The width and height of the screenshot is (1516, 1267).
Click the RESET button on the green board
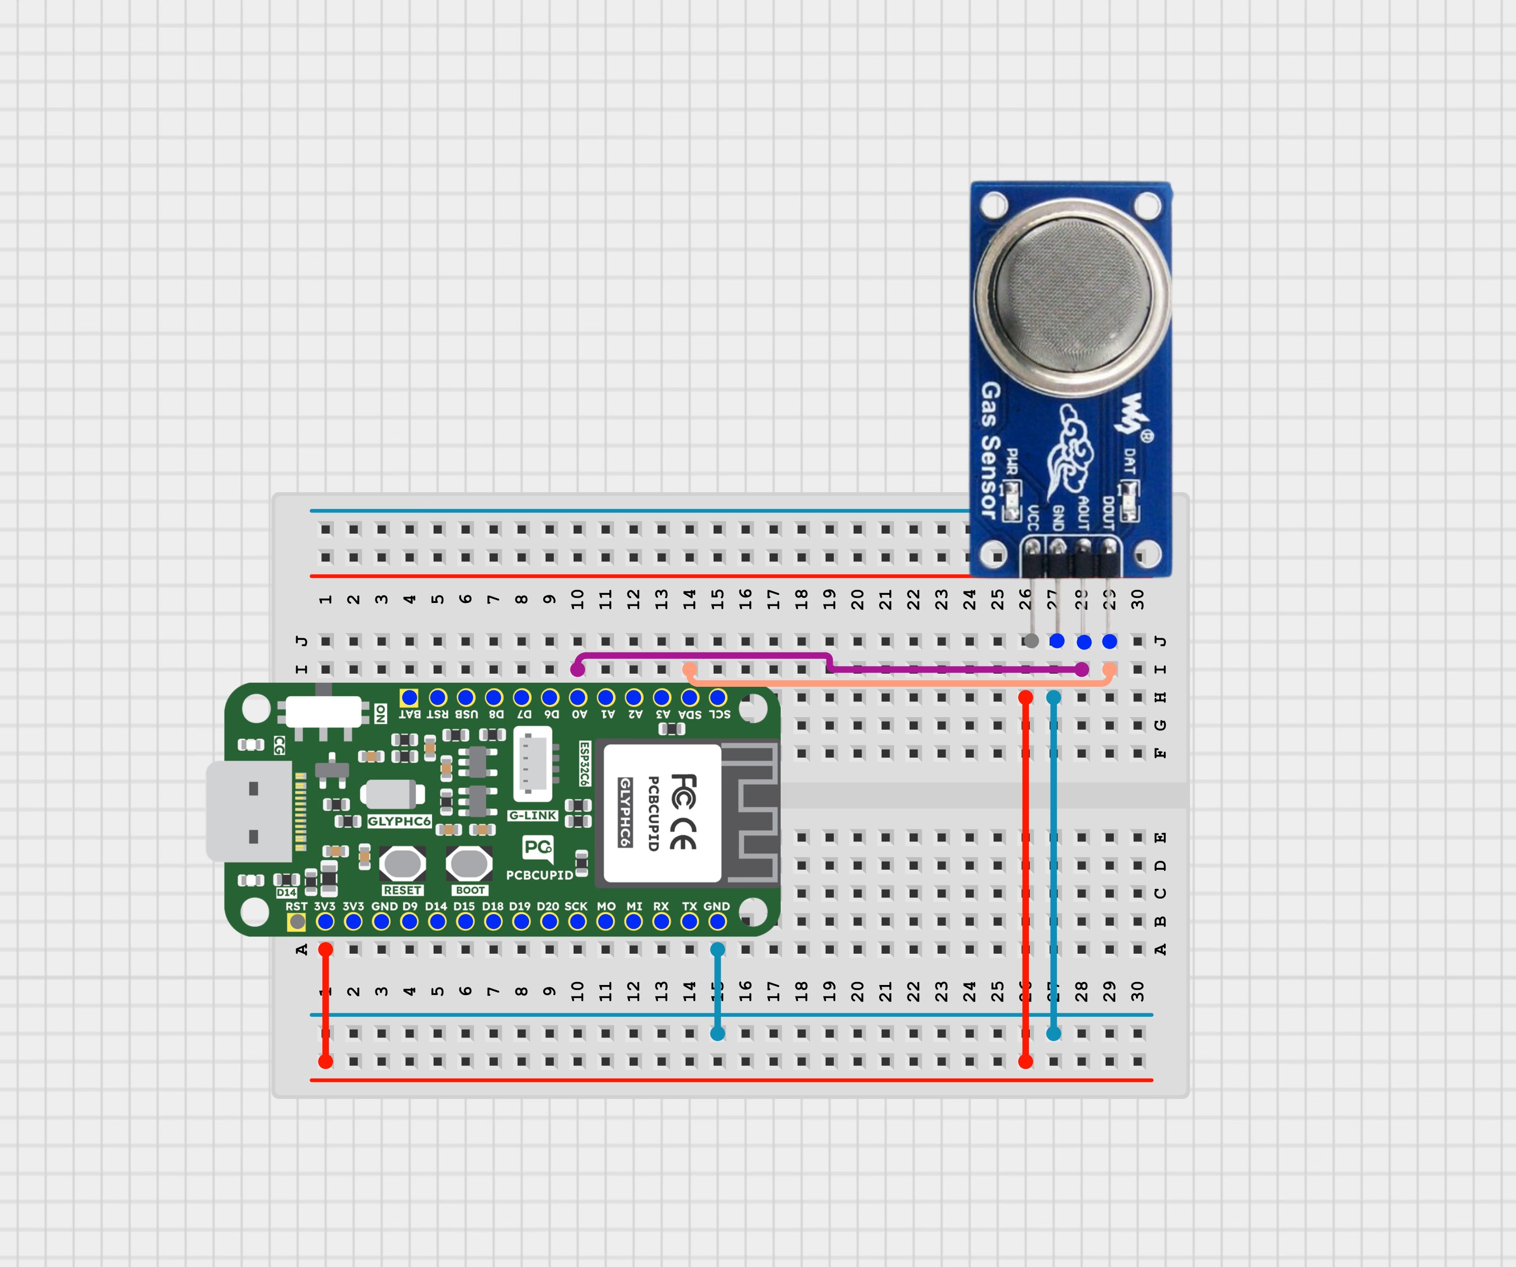coord(402,863)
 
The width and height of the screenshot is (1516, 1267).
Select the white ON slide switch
coord(323,711)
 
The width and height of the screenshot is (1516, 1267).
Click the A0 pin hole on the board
coord(578,697)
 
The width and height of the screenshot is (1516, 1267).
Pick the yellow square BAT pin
coord(409,697)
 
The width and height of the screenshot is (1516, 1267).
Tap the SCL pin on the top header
coord(718,697)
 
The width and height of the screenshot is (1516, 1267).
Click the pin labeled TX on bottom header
coord(689,922)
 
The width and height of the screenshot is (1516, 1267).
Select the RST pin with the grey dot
coord(297,922)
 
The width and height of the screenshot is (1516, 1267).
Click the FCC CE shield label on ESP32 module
coord(662,813)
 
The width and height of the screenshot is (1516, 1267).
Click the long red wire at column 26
coord(1025,881)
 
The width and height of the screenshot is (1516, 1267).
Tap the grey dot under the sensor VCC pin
coord(1031,641)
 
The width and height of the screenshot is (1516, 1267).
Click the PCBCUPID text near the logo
coord(539,875)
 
